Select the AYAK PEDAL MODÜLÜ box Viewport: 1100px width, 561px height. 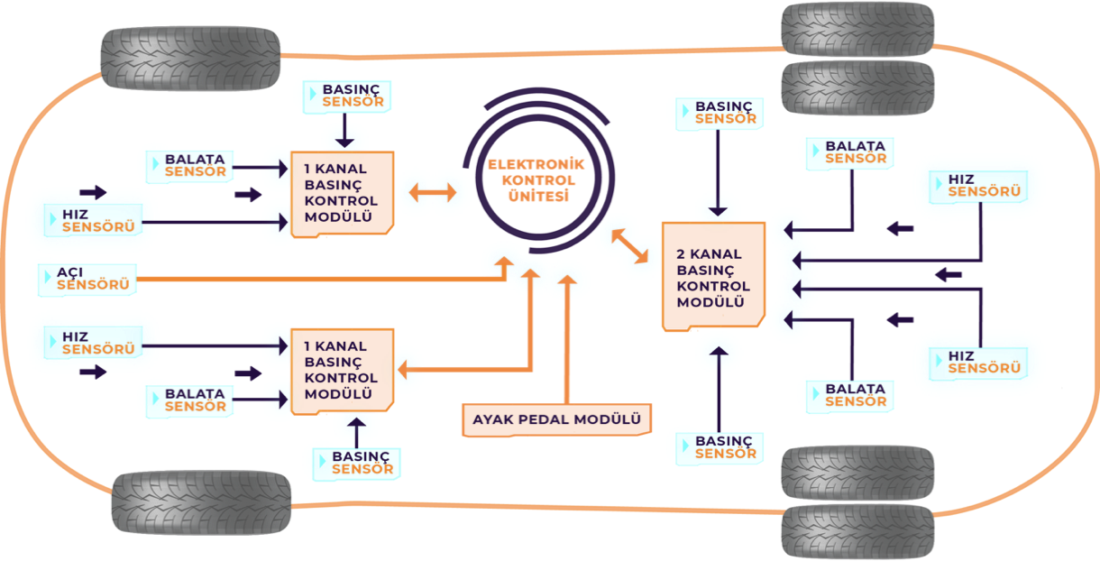(556, 419)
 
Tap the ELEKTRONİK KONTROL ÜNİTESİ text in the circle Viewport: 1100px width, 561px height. (536, 179)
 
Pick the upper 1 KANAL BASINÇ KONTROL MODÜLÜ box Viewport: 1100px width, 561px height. (342, 194)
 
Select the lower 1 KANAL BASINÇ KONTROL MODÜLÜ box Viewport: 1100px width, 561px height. (342, 371)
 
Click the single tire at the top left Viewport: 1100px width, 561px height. (190, 57)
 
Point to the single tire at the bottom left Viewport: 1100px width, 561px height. (201, 501)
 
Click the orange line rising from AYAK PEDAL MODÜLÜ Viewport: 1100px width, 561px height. (567, 343)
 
